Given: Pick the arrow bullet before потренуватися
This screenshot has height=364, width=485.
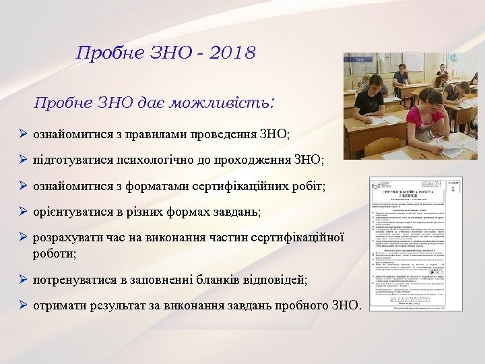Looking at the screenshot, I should (22, 280).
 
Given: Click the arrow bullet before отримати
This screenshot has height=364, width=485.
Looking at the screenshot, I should (22, 305).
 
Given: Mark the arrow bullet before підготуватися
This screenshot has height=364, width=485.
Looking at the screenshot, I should (22, 160).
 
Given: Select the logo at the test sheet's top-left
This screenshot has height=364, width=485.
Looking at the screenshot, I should (379, 184).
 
